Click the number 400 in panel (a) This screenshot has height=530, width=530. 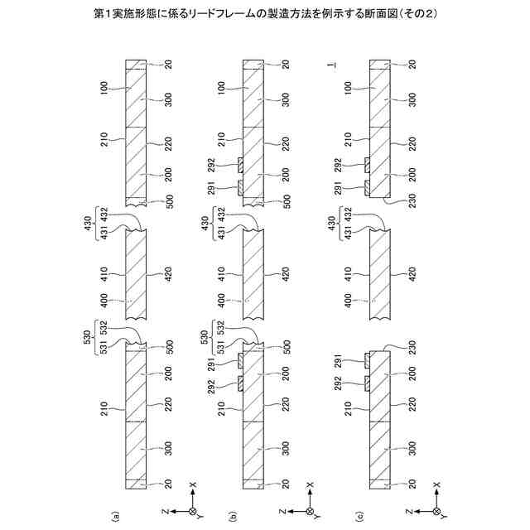tap(105, 303)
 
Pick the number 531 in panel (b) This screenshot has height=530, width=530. tap(222, 345)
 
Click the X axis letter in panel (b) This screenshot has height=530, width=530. tap(310, 484)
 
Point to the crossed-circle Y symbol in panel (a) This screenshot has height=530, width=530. tap(193, 511)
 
